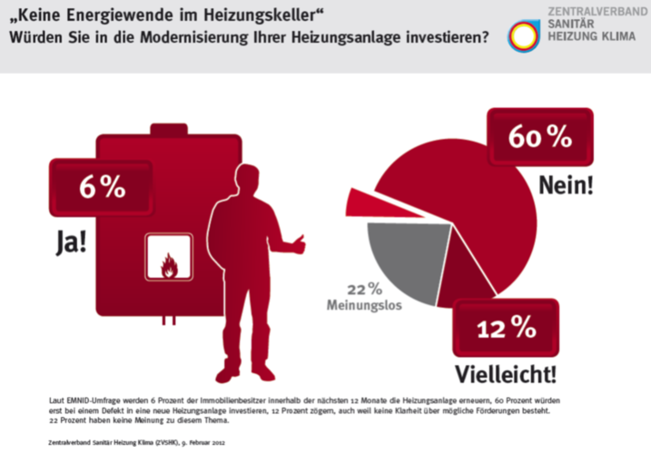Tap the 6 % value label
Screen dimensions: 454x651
pyautogui.click(x=102, y=188)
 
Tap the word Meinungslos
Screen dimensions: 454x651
pyautogui.click(x=363, y=306)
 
